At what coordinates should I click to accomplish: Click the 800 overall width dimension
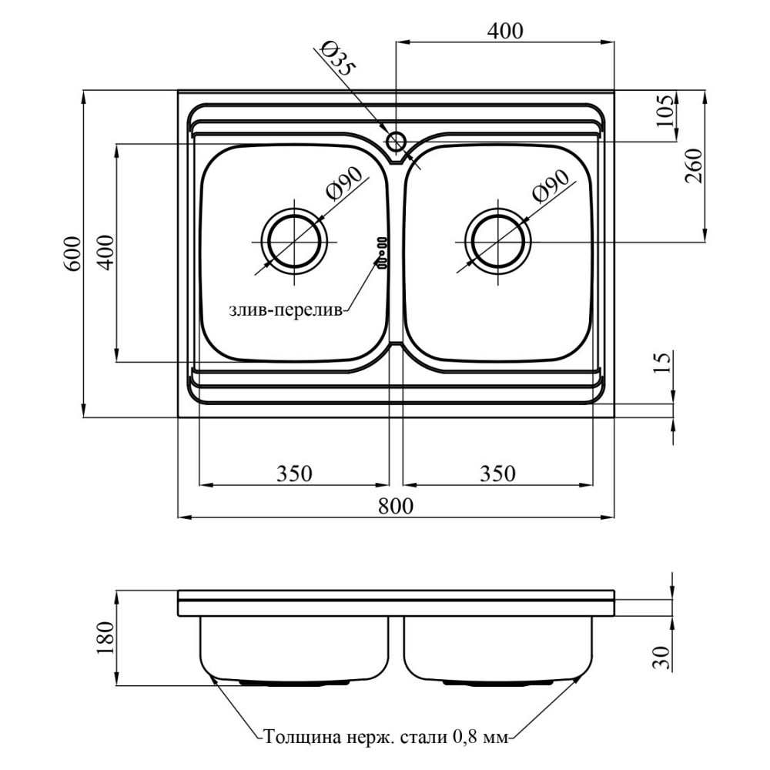(396, 505)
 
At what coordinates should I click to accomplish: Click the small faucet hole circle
(395, 142)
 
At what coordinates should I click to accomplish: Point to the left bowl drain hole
(294, 243)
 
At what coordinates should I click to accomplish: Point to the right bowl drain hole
(498, 243)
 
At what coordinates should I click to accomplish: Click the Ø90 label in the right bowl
(550, 186)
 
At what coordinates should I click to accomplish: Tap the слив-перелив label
(286, 311)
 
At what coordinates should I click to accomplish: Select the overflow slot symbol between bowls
(382, 253)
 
